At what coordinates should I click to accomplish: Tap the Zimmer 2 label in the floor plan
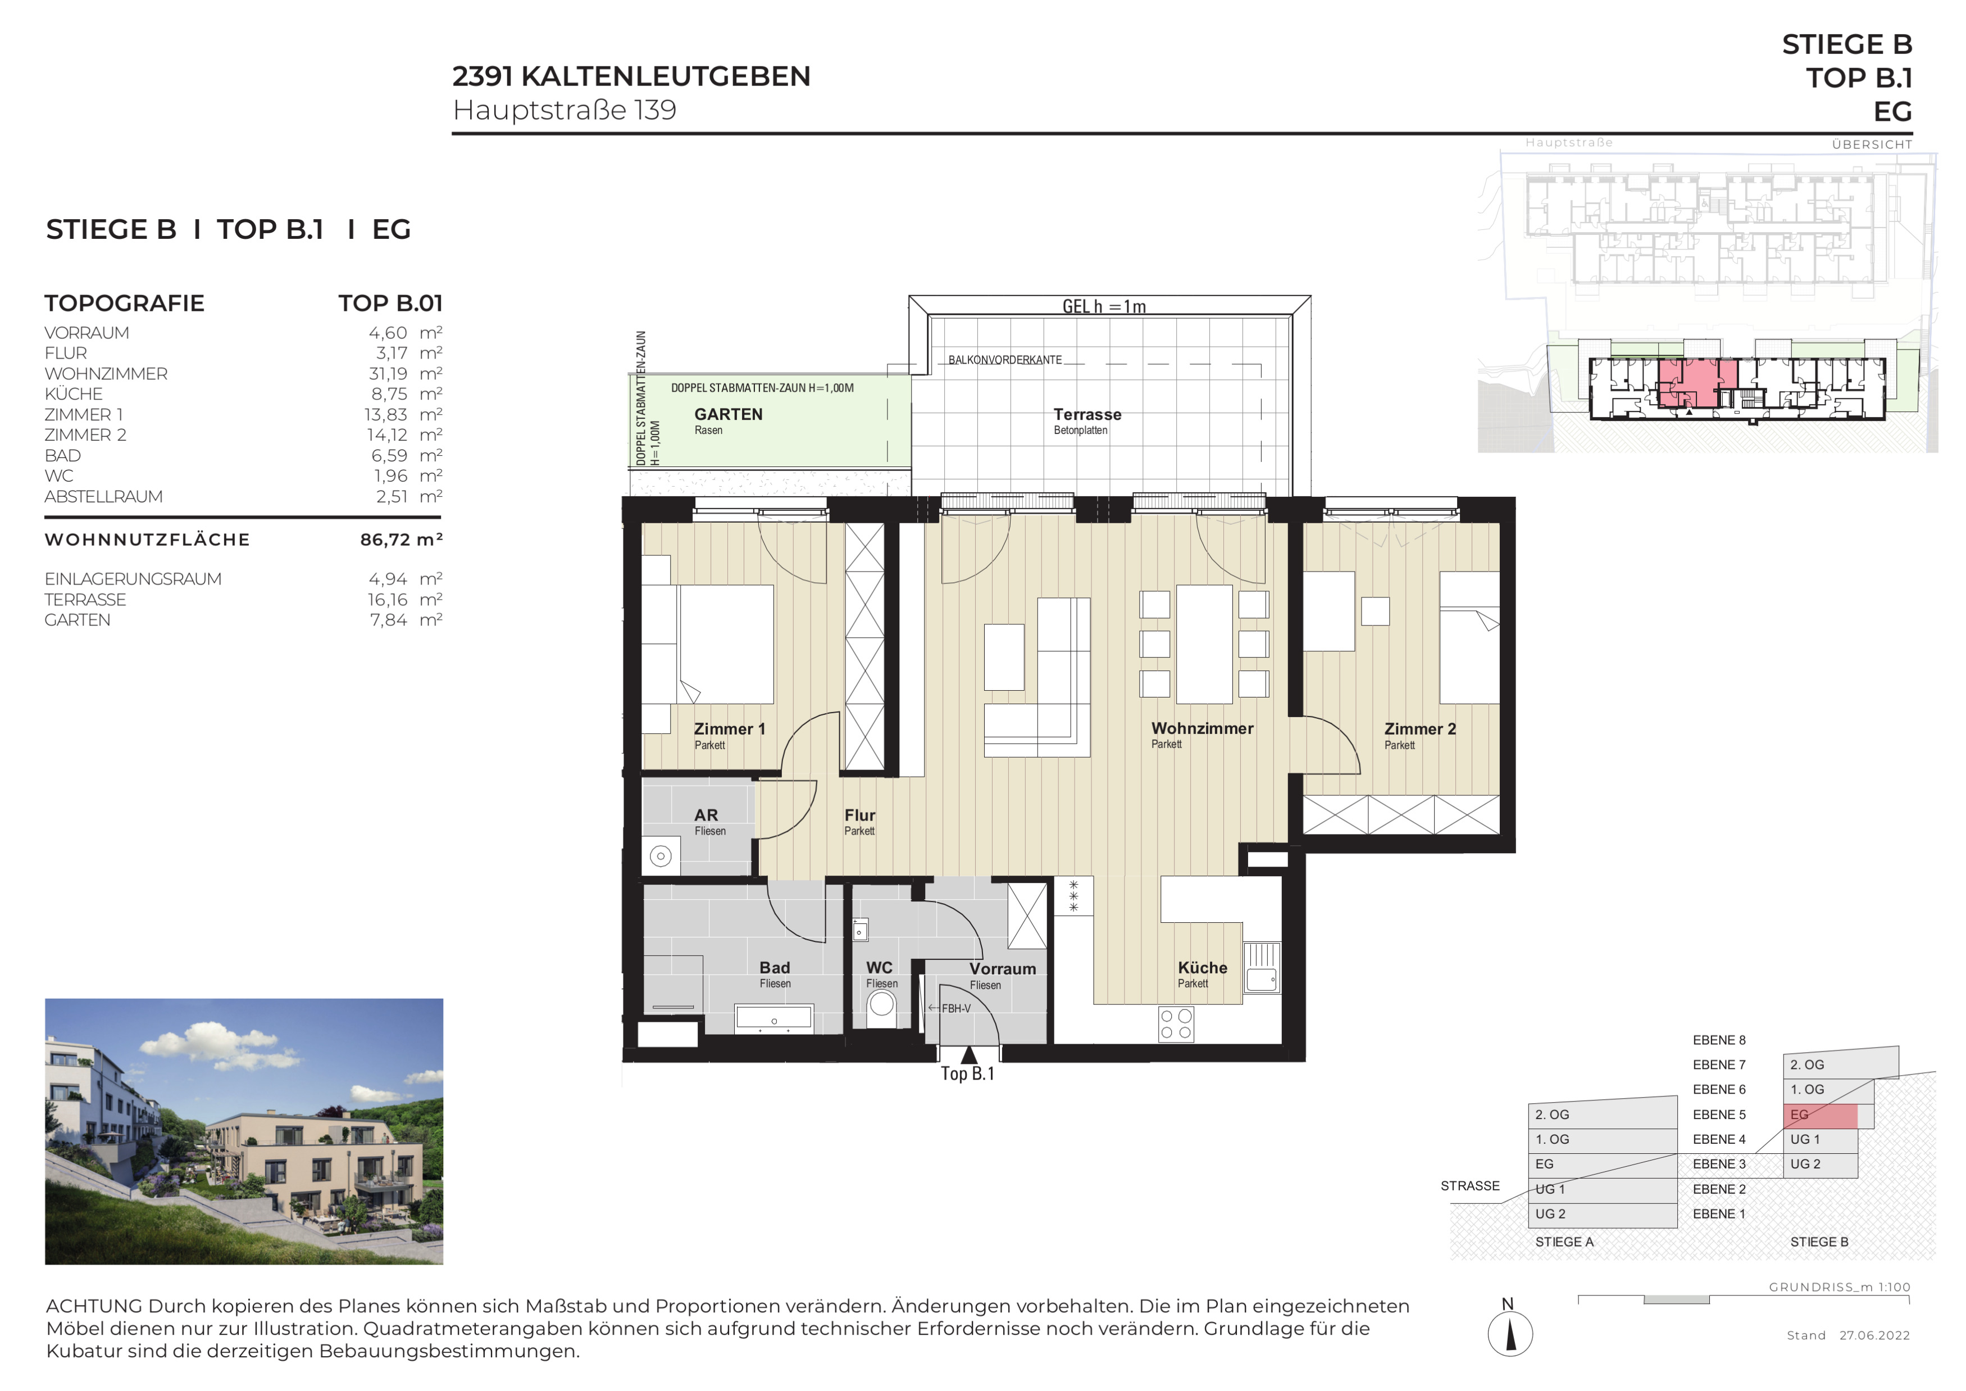click(1419, 729)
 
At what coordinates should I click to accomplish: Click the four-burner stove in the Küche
click(1176, 1023)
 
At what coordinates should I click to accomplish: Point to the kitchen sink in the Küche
click(1261, 968)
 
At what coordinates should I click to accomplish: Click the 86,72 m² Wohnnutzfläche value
click(401, 540)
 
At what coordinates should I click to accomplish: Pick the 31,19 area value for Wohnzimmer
click(388, 373)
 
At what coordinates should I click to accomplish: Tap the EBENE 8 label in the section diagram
click(1718, 1040)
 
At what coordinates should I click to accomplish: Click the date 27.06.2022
click(1874, 1335)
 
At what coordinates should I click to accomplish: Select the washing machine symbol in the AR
click(660, 855)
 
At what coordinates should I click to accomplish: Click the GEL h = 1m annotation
click(1104, 306)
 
